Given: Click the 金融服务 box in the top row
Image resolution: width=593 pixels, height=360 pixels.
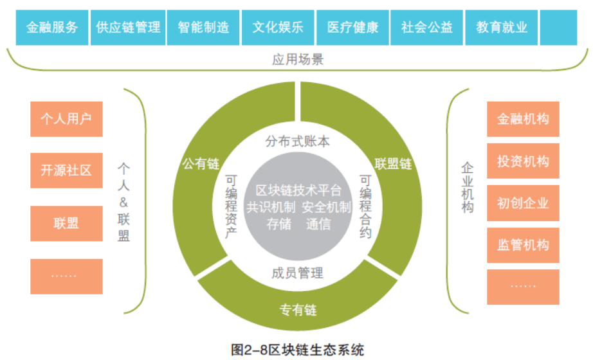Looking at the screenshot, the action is point(52,28).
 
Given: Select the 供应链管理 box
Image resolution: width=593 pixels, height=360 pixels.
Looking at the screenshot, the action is point(128,28).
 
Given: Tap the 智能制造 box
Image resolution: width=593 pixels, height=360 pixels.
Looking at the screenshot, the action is point(203,28).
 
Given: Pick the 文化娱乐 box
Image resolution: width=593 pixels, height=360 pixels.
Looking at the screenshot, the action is point(278,28).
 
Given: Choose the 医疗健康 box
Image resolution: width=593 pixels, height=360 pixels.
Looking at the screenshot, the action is point(352,28).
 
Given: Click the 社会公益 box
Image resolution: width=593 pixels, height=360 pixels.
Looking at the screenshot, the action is point(427,28).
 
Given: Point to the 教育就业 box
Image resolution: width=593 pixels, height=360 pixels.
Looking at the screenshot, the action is point(502,28).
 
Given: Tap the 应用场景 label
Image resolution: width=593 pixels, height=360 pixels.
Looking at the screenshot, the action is point(297,60).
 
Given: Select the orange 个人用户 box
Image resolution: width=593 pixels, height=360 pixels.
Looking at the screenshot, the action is point(66,119).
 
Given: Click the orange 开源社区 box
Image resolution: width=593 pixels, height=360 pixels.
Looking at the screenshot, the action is point(66,170).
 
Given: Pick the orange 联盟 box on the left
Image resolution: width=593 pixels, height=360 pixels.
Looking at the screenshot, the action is point(66,223).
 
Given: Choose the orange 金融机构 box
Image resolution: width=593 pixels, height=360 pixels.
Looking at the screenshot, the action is point(523,120).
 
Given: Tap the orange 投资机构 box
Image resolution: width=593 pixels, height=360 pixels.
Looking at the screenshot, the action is point(523,161).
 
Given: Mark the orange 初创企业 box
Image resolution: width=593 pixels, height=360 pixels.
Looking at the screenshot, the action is point(523,203).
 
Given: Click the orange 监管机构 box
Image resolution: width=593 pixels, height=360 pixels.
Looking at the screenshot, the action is point(523,245).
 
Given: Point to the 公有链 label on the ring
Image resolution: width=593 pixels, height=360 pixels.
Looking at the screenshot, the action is point(201,164).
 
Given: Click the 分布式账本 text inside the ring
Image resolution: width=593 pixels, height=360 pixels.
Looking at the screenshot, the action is point(297,141).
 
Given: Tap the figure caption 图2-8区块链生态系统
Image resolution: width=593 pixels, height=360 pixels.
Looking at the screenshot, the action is point(297,350).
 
